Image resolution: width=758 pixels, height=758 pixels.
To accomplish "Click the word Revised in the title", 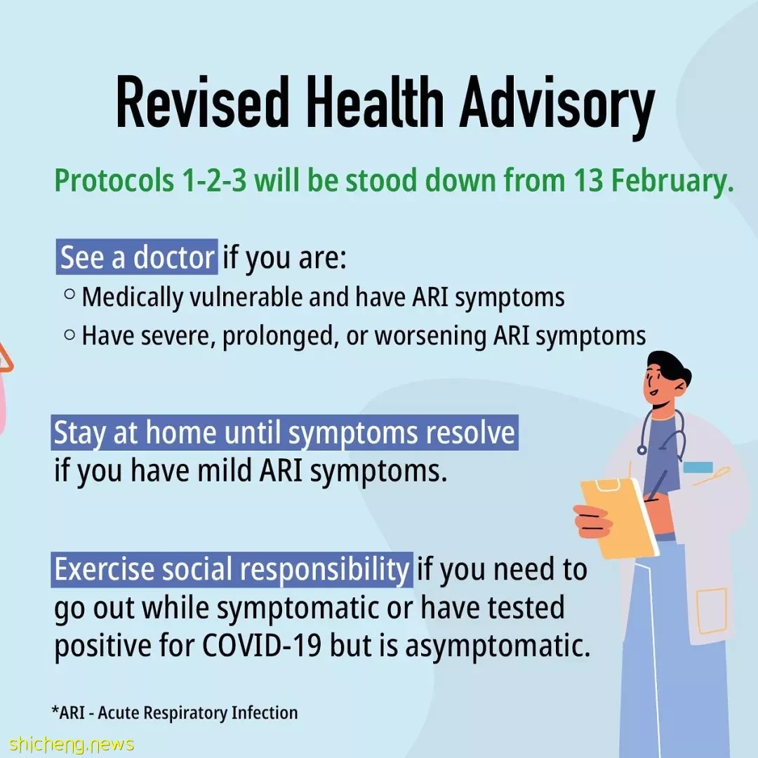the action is tap(202, 103).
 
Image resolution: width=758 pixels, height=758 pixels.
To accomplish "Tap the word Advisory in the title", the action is tap(557, 107).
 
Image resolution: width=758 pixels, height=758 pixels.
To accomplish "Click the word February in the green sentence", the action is tap(672, 182).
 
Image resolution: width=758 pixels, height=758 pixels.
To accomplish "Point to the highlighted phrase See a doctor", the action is tap(137, 257).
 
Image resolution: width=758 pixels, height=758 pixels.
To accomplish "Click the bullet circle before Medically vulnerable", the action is tap(69, 294).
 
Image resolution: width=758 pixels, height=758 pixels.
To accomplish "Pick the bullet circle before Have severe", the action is tap(69, 334).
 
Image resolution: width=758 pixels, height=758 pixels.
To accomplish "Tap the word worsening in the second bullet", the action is tap(430, 336).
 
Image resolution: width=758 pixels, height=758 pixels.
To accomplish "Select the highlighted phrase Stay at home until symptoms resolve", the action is tap(285, 432).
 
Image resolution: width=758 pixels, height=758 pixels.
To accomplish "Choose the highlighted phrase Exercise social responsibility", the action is tap(232, 569).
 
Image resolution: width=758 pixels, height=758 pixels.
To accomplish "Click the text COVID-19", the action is tap(262, 646).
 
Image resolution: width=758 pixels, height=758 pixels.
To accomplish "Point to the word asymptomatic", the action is tap(498, 647).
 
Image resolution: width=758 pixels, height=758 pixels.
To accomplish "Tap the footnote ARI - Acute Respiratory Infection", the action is tap(175, 712).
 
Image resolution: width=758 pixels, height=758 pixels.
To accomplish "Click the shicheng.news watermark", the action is tap(71, 745).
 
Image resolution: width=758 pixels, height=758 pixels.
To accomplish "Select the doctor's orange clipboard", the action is tap(619, 517).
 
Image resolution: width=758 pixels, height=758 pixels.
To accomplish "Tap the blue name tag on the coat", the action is tap(698, 467).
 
